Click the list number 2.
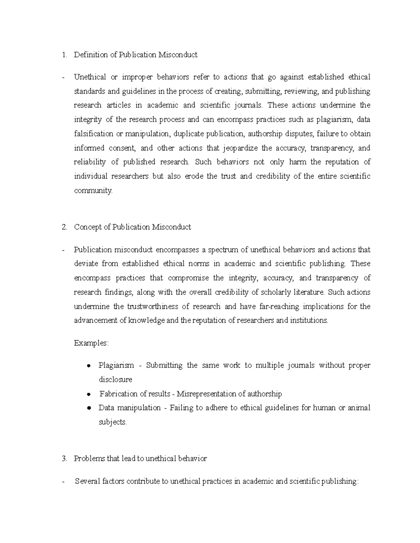click(64, 227)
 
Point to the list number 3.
click(64, 459)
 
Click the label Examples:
click(91, 343)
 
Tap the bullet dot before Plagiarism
click(89, 366)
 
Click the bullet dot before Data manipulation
click(89, 408)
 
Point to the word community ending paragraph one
click(93, 191)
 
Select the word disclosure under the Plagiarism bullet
click(115, 380)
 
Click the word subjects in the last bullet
click(112, 422)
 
